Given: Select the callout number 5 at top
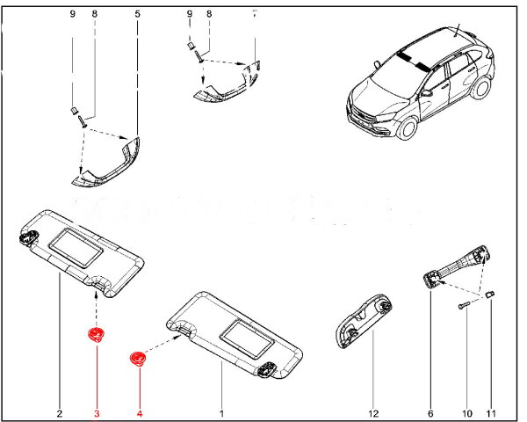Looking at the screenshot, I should [137, 14].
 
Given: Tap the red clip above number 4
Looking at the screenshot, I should [136, 358].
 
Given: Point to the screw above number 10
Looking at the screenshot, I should [463, 305].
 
